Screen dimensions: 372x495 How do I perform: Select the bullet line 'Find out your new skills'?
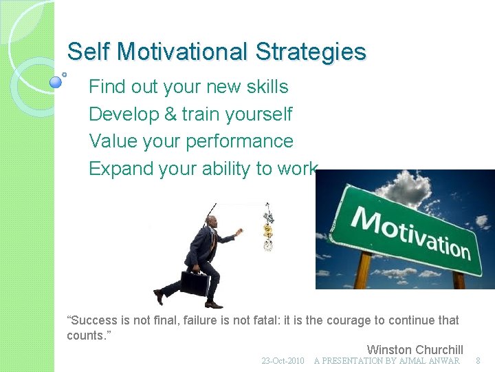tap(188, 87)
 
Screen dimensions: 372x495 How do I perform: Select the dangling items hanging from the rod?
tap(268, 227)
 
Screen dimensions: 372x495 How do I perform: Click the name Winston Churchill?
tap(415, 350)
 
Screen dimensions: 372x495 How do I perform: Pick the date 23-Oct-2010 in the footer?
tap(283, 361)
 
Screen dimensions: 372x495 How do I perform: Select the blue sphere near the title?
tap(56, 82)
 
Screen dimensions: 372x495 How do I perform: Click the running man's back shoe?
tap(159, 296)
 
